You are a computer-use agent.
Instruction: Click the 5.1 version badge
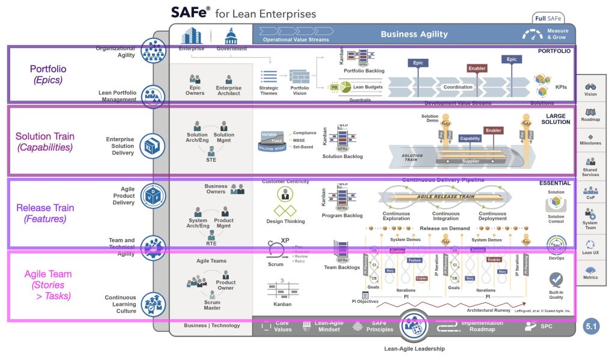pos(591,328)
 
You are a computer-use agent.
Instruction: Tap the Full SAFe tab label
pos(548,18)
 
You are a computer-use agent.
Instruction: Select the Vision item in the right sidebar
pos(590,90)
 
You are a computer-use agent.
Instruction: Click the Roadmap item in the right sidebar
pos(590,115)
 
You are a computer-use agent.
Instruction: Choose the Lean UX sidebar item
pos(590,248)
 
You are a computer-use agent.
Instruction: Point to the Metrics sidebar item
pos(590,273)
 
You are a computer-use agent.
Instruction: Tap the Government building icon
pos(231,36)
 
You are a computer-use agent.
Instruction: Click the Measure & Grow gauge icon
pos(533,35)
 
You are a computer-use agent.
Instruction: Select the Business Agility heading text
pos(414,34)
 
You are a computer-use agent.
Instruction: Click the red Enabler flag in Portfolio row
pos(476,69)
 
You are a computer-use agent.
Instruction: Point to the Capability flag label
pos(470,138)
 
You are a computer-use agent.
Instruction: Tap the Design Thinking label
pos(285,221)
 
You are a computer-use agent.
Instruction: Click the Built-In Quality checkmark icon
pos(556,279)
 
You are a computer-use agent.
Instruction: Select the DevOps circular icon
pos(556,245)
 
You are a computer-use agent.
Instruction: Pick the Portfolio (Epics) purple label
pos(48,75)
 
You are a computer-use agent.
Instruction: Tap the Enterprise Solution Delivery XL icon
pos(153,144)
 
